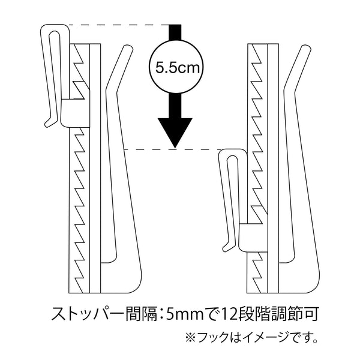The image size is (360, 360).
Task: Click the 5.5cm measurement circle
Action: [176, 67]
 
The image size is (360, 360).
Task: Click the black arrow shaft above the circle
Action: [175, 32]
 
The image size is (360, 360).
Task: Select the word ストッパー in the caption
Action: [88, 314]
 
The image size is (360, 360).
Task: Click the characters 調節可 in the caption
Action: [295, 314]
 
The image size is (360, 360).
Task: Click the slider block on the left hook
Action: [76, 113]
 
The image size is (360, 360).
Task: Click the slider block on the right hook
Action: [253, 238]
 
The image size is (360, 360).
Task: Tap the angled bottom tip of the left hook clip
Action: [47, 124]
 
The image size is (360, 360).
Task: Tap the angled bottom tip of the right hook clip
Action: [226, 248]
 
